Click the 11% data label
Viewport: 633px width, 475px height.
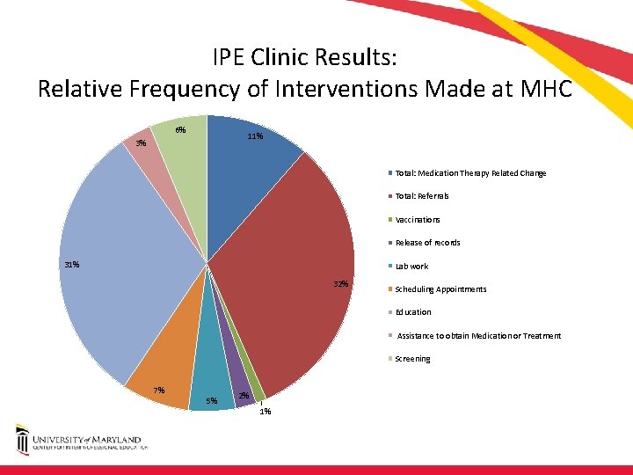click(255, 136)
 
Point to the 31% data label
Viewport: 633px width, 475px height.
click(71, 264)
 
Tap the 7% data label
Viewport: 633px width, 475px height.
click(159, 391)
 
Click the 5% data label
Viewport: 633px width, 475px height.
click(211, 401)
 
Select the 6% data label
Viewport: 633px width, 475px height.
click(179, 130)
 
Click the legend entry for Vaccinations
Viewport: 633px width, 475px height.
click(417, 220)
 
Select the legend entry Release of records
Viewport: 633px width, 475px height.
click(427, 243)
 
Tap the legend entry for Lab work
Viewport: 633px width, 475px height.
click(411, 266)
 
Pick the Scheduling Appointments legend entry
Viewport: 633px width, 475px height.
click(440, 289)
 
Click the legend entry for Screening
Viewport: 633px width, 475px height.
click(412, 359)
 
